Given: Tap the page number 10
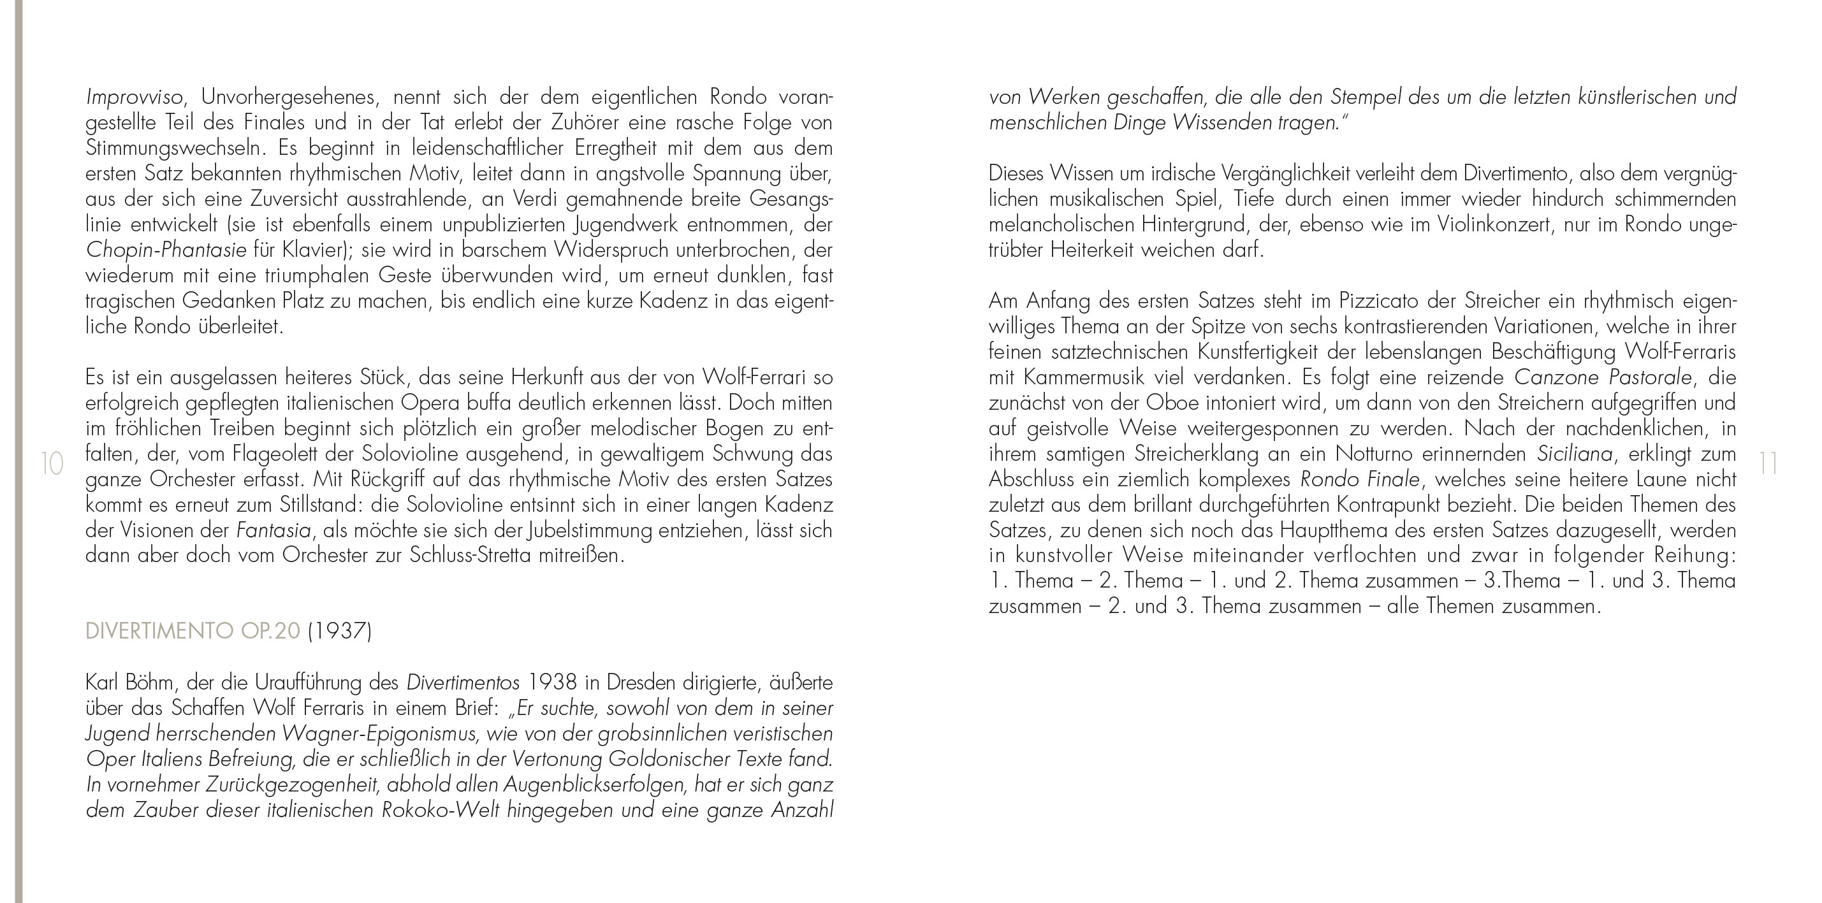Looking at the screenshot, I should click(x=53, y=465).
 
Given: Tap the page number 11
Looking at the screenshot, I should click(x=1768, y=465).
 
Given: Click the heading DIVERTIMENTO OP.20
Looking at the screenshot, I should click(x=193, y=631).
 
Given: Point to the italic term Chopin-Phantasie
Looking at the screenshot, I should click(x=166, y=250).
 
